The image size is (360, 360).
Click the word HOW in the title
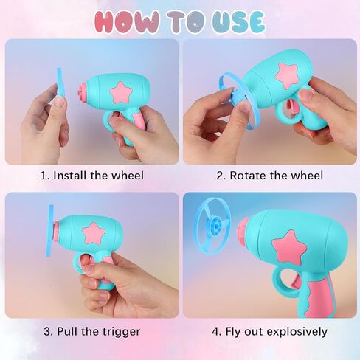127,21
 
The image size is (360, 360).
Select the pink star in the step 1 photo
121,93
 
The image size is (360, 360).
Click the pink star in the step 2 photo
288,75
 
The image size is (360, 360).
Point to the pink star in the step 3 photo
94,233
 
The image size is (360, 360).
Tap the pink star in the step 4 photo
289,248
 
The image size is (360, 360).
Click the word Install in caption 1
69,176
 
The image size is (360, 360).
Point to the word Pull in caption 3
66,331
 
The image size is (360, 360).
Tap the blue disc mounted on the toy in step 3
50,231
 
